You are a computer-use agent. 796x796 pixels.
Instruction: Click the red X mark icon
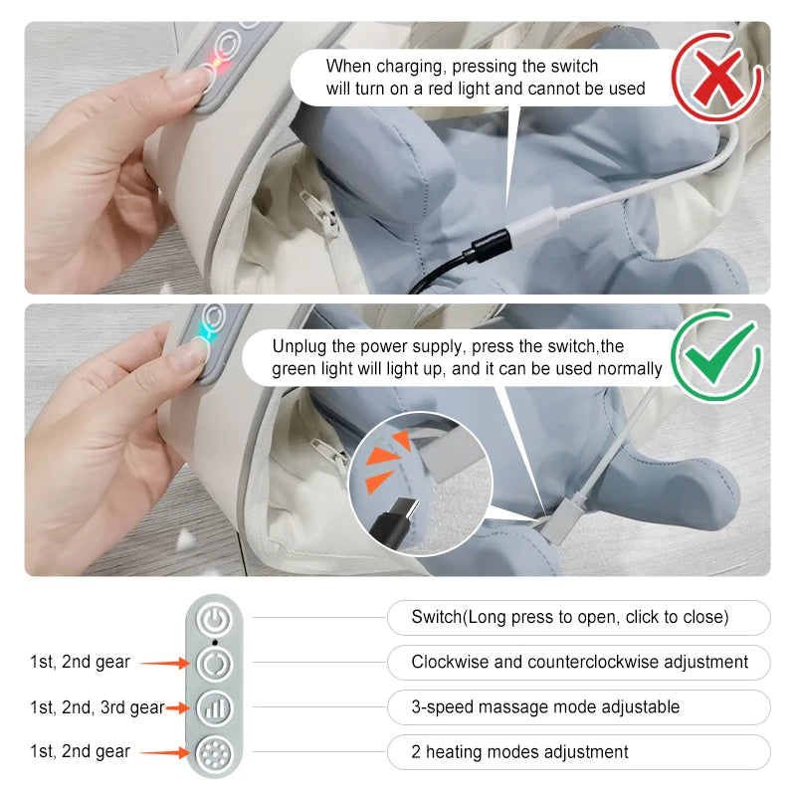717,78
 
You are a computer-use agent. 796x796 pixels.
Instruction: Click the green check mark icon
716,355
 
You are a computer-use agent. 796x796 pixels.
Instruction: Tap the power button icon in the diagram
215,620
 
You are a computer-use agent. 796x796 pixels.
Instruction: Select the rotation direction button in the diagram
215,664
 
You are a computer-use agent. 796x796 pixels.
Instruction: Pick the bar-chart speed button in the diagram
215,708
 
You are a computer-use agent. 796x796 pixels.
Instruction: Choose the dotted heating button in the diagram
215,753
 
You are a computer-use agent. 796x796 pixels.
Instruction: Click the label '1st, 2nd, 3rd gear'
98,707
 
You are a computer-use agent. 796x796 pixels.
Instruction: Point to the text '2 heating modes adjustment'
519,752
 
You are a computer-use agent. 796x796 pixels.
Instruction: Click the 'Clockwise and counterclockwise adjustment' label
580,662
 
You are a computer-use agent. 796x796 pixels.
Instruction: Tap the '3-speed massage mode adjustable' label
545,706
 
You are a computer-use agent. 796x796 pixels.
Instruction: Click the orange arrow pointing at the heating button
164,752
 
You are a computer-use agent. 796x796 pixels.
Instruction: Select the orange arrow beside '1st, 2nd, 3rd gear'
178,707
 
